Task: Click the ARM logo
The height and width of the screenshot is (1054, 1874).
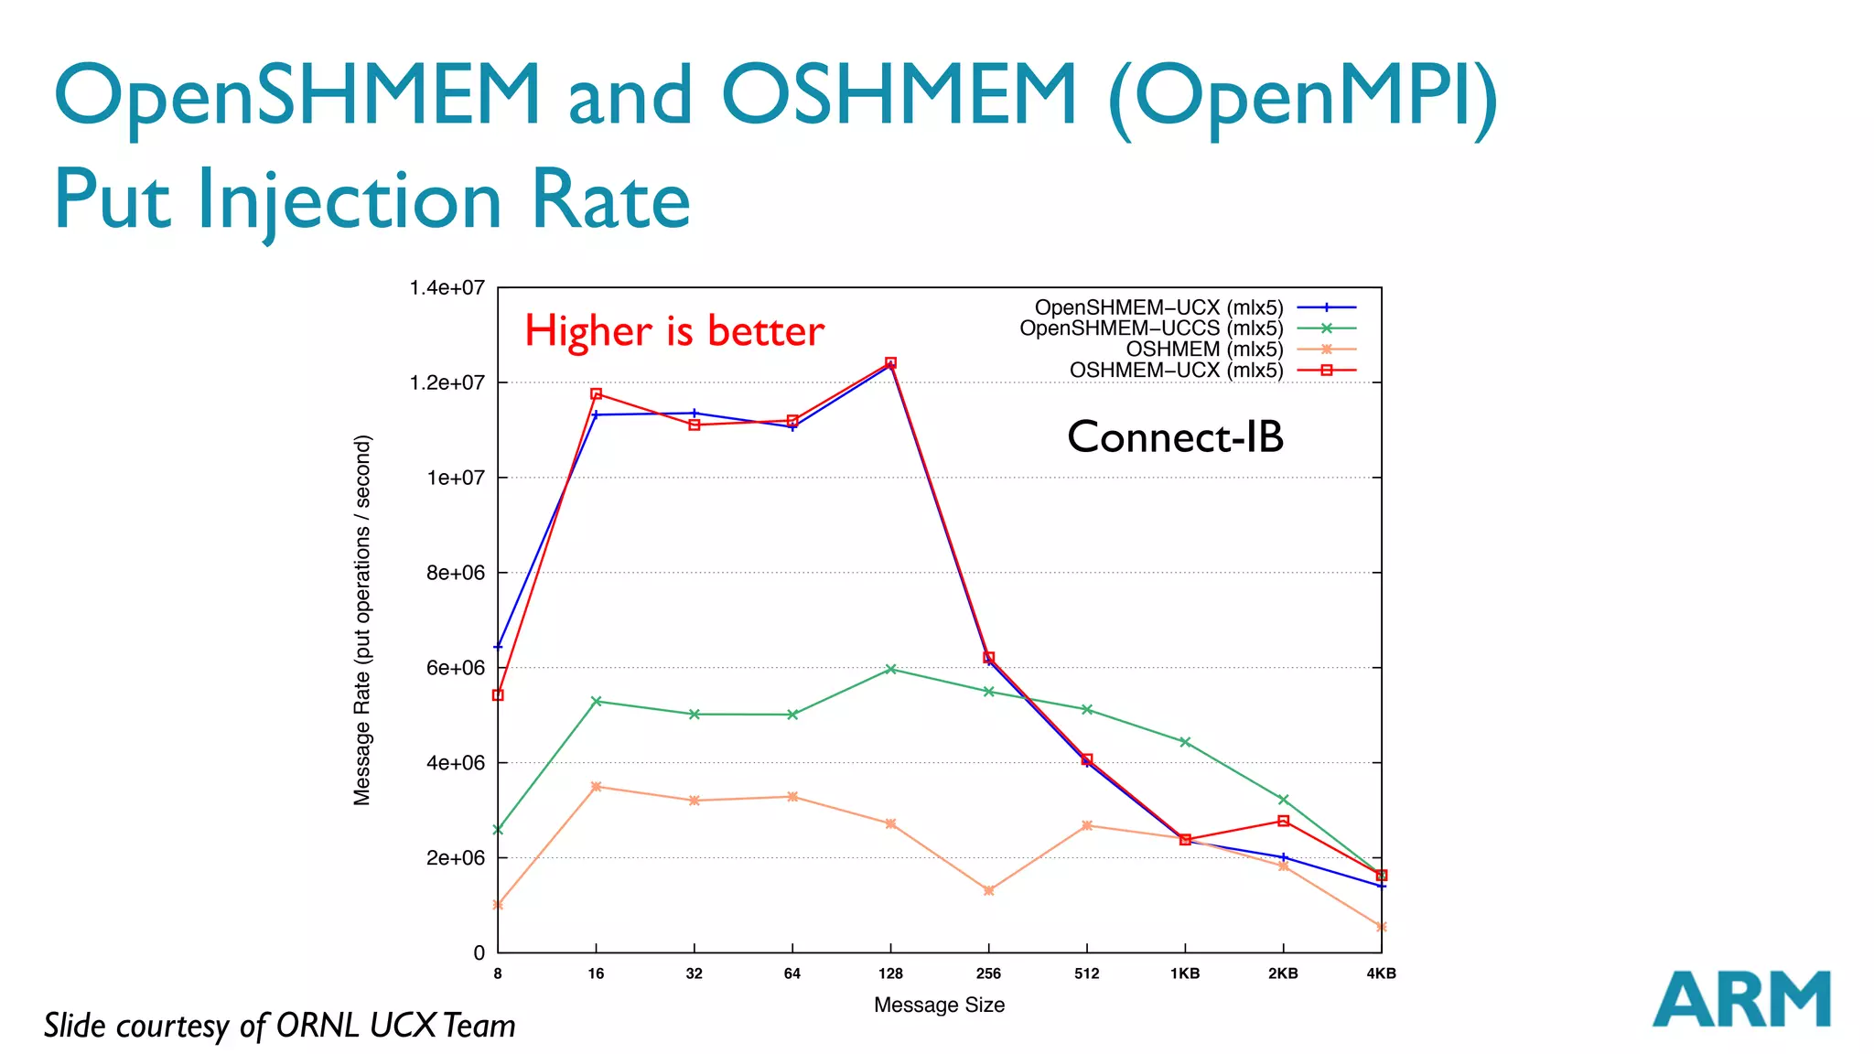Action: (x=1740, y=999)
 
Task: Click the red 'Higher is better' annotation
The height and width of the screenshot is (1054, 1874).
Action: (x=674, y=330)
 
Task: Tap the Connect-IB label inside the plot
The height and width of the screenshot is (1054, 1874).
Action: (x=1175, y=437)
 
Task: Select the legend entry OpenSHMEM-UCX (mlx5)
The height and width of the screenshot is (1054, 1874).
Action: (x=1158, y=307)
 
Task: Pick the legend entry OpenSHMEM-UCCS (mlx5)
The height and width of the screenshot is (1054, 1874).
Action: (x=1151, y=328)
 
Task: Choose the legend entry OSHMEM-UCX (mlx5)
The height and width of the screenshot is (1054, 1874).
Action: (x=1176, y=371)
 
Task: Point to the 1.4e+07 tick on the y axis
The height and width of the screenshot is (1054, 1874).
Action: (x=447, y=288)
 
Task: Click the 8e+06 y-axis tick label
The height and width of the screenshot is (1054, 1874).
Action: (x=455, y=573)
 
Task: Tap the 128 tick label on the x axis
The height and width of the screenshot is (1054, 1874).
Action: (x=890, y=973)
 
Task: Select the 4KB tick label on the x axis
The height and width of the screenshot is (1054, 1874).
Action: (x=1381, y=973)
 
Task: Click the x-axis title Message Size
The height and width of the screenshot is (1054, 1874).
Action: (x=939, y=1005)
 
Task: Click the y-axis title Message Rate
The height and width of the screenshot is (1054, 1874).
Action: (x=362, y=620)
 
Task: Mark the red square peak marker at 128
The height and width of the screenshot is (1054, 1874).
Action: (x=890, y=362)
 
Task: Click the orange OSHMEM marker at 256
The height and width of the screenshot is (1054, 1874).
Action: (x=988, y=890)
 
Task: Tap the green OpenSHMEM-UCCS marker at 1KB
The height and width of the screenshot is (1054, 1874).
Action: (x=1185, y=742)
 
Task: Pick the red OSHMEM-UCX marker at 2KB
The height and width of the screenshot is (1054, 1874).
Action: (x=1283, y=821)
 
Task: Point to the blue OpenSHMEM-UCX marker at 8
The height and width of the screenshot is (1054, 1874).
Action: (x=498, y=647)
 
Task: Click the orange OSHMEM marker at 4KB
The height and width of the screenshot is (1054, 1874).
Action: (x=1381, y=927)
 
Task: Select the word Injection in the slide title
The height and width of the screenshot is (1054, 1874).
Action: (x=350, y=199)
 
